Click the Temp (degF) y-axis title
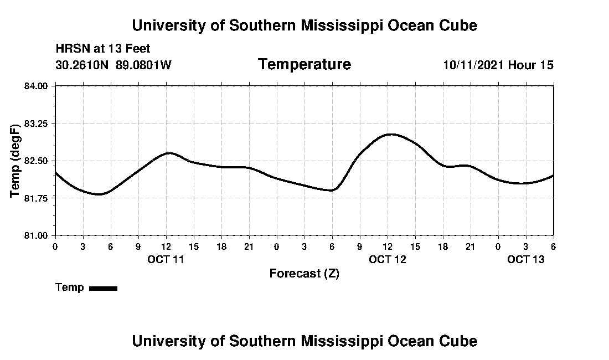click(16, 161)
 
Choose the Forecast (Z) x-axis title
click(304, 274)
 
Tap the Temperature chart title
click(304, 64)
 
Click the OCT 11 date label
click(166, 259)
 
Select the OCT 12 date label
click(388, 259)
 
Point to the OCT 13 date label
click(526, 259)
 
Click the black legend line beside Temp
click(103, 288)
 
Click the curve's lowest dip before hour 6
click(99, 194)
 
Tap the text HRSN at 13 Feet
click(103, 49)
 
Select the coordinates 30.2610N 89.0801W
click(113, 65)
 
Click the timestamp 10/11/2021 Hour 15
click(498, 65)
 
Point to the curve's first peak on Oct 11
click(169, 153)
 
